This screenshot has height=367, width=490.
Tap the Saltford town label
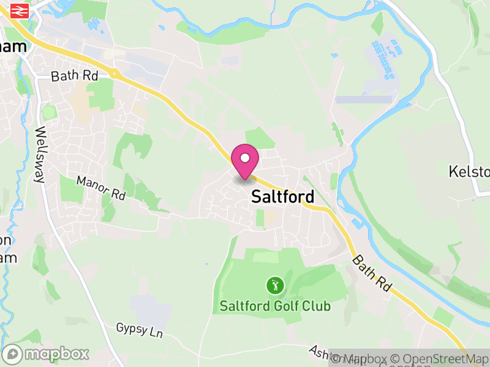point(282,197)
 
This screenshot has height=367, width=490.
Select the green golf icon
point(275,284)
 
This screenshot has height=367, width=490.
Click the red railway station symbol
point(20,10)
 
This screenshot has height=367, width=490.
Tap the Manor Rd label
point(100,188)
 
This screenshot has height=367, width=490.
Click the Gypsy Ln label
point(140,330)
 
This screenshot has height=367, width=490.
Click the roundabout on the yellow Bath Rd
point(115,73)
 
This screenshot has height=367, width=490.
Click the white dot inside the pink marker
point(245,158)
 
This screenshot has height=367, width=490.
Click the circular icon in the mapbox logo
point(13,354)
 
